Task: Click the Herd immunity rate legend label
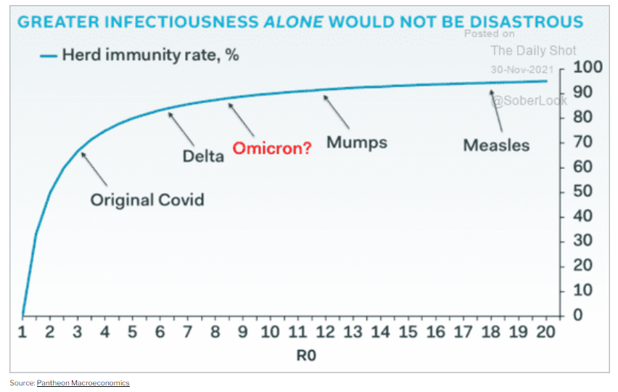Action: pyautogui.click(x=151, y=54)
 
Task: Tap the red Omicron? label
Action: pyautogui.click(x=271, y=149)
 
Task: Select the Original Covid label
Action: pyautogui.click(x=147, y=200)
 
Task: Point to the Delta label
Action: pyautogui.click(x=203, y=155)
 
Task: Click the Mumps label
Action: pyautogui.click(x=356, y=142)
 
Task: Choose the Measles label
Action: pyautogui.click(x=496, y=145)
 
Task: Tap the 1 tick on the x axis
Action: pyautogui.click(x=22, y=332)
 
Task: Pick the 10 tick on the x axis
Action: pyautogui.click(x=270, y=332)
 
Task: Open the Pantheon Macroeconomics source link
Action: pyautogui.click(x=83, y=383)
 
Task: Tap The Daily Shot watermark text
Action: pyautogui.click(x=533, y=50)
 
